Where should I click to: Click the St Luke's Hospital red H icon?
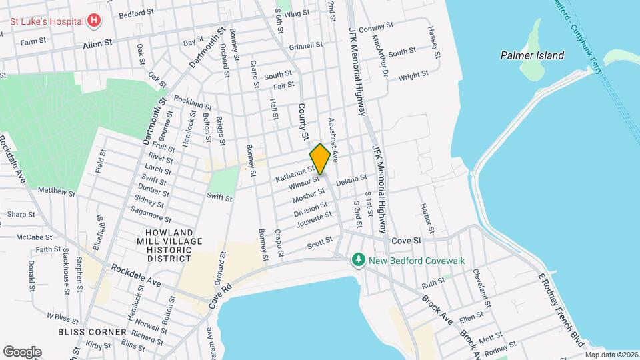(94, 21)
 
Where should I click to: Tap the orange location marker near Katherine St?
(320, 159)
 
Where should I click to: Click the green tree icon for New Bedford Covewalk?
(359, 259)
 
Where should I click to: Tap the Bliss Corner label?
(92, 331)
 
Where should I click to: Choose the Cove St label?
(407, 239)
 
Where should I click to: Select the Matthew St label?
(56, 192)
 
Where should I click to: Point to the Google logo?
(22, 351)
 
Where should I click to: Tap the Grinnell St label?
(306, 47)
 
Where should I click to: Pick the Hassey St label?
(433, 41)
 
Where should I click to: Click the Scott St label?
(319, 245)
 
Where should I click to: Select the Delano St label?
(351, 180)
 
